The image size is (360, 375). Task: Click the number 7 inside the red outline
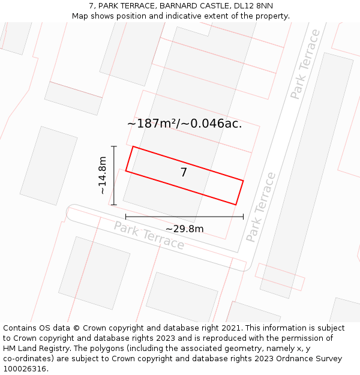click(184, 173)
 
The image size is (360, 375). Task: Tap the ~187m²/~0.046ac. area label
click(184, 124)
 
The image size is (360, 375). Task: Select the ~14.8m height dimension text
click(103, 175)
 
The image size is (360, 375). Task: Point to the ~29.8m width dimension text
click(184, 229)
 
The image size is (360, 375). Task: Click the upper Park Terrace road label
click(305, 64)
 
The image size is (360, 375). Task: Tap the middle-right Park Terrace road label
click(261, 207)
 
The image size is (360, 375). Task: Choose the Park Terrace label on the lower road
click(149, 235)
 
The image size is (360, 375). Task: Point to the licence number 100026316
click(25, 369)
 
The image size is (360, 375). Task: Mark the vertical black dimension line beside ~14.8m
click(113, 175)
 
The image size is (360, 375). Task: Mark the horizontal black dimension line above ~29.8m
click(184, 217)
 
